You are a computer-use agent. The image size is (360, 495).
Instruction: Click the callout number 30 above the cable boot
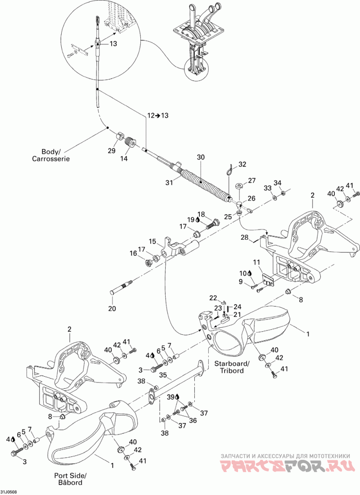(201, 157)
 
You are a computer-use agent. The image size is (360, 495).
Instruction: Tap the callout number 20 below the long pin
(112, 308)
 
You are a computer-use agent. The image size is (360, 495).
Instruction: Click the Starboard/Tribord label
(232, 367)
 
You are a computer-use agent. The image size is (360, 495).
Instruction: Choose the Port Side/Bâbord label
(70, 479)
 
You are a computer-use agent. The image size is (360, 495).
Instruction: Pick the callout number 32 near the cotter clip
(242, 164)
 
